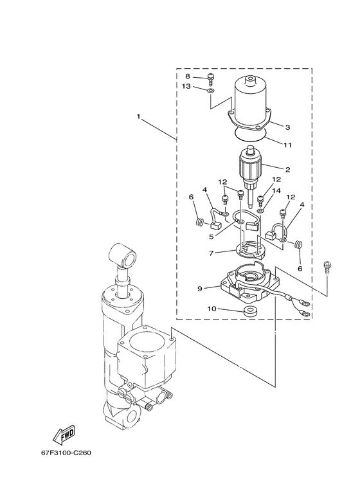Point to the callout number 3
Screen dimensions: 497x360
coord(288,127)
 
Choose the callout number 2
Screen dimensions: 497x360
coord(288,170)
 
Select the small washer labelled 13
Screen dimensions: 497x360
coord(211,92)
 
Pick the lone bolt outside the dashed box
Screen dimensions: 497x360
coord(328,267)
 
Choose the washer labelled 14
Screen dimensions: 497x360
coord(260,210)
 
